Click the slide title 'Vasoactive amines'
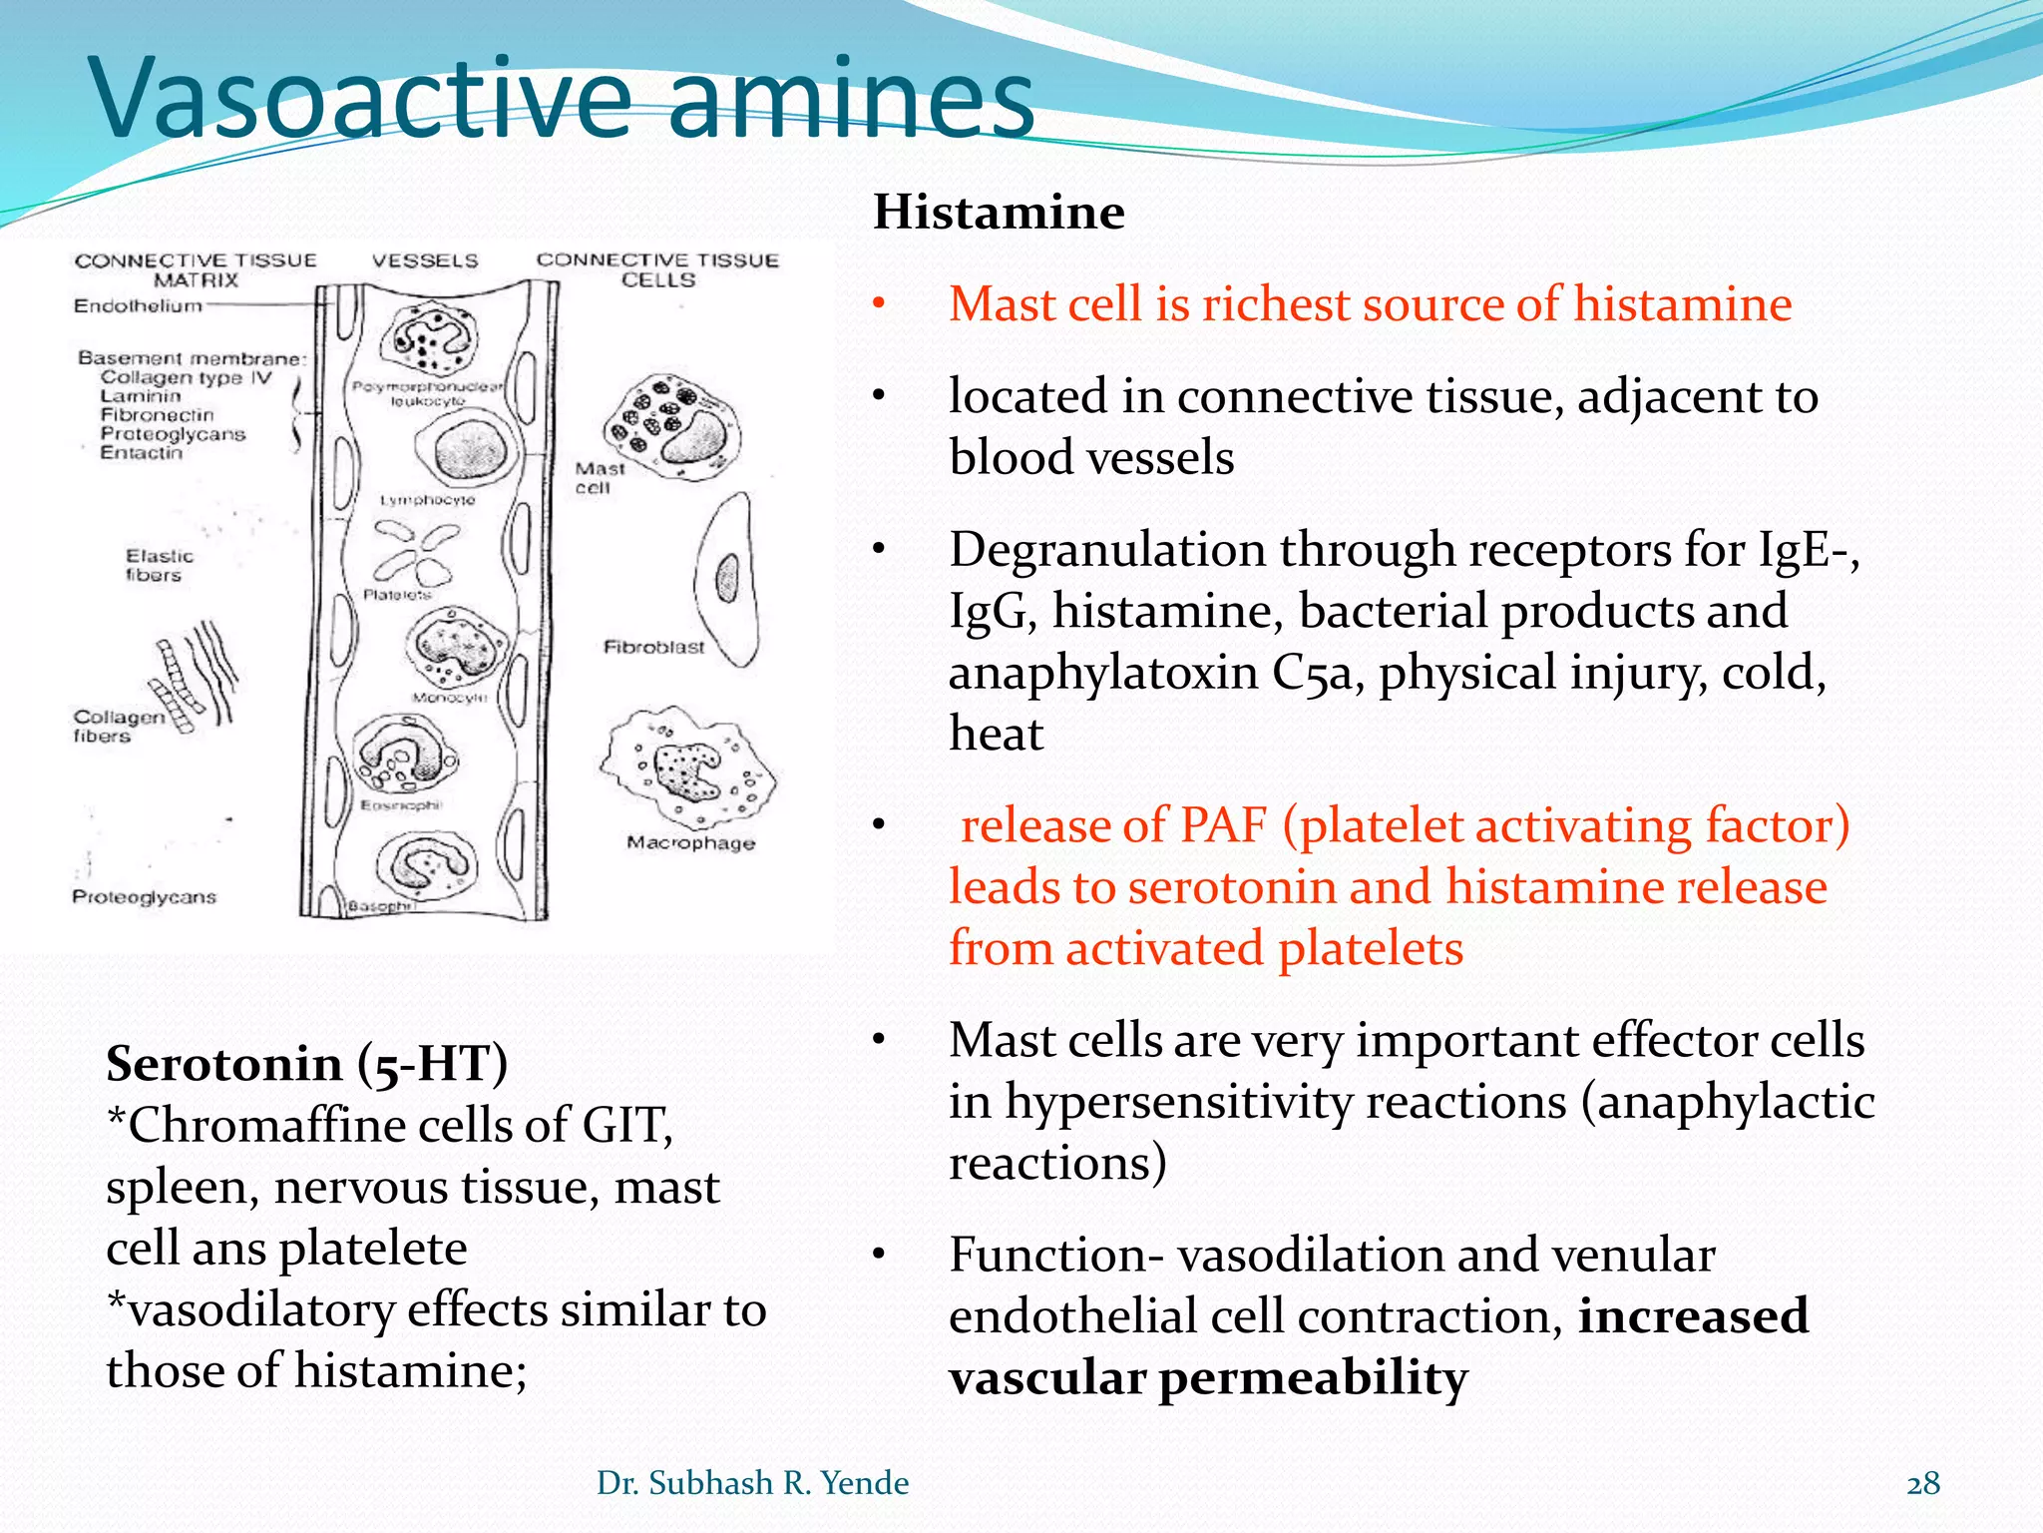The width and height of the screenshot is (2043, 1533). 564,100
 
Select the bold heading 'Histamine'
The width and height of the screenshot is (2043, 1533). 999,213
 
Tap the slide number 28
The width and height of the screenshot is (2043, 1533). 1923,1484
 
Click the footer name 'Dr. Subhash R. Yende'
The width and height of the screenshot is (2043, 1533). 752,1483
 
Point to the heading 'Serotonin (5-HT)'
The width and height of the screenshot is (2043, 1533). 306,1064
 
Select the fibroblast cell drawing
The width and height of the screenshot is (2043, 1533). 727,579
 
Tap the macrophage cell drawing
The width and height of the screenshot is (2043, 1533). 688,766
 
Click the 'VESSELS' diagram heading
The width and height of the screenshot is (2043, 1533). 425,261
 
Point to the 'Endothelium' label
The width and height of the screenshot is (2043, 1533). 138,306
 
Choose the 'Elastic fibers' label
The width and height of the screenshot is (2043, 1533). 158,565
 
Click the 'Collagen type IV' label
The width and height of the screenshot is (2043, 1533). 186,377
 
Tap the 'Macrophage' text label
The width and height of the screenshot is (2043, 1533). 690,843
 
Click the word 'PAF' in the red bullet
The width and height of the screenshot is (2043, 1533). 1222,826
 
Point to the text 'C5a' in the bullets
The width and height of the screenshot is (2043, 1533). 1313,674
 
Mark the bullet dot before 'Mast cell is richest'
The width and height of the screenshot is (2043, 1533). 878,304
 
